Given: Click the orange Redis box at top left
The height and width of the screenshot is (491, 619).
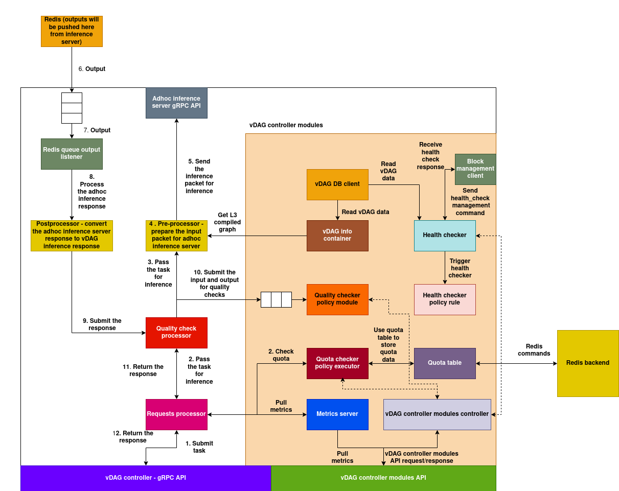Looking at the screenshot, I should pyautogui.click(x=72, y=31).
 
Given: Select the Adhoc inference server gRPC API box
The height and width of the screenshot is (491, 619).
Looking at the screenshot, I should pyautogui.click(x=176, y=103).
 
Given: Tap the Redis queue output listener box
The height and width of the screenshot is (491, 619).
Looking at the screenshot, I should pyautogui.click(x=72, y=153).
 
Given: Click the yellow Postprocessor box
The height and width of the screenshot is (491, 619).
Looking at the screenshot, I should pyautogui.click(x=72, y=236).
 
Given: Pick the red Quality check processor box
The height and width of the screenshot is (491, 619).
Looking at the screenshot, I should pyautogui.click(x=176, y=333).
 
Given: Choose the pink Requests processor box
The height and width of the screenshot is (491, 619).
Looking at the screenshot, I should pyautogui.click(x=176, y=414).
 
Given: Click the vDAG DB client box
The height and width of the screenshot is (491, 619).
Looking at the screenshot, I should pyautogui.click(x=337, y=184).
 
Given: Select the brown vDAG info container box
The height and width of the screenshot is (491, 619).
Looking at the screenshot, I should pyautogui.click(x=337, y=236).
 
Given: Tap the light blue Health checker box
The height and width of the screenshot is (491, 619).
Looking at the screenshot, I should pyautogui.click(x=445, y=236).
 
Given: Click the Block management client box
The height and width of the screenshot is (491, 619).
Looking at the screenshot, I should pyautogui.click(x=475, y=169).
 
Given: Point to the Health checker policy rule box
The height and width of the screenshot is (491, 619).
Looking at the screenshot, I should pyautogui.click(x=445, y=299).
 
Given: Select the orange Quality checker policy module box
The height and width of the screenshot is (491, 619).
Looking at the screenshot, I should pyautogui.click(x=337, y=299).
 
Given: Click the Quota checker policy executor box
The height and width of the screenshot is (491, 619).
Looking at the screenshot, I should pyautogui.click(x=337, y=363).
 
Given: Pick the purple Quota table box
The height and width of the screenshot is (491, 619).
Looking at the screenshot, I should pyautogui.click(x=445, y=363).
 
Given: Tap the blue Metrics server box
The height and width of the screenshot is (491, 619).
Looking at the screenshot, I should pyautogui.click(x=337, y=414).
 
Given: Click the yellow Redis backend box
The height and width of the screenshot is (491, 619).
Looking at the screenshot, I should pyautogui.click(x=588, y=363).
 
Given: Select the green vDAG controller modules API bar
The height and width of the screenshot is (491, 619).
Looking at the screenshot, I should pyautogui.click(x=383, y=478).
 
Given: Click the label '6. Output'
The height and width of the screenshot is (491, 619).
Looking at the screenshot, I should pyautogui.click(x=92, y=69).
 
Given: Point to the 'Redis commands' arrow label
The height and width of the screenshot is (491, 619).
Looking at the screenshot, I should pyautogui.click(x=534, y=350).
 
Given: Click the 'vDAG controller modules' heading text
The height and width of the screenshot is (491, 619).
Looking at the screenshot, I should pyautogui.click(x=286, y=125).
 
